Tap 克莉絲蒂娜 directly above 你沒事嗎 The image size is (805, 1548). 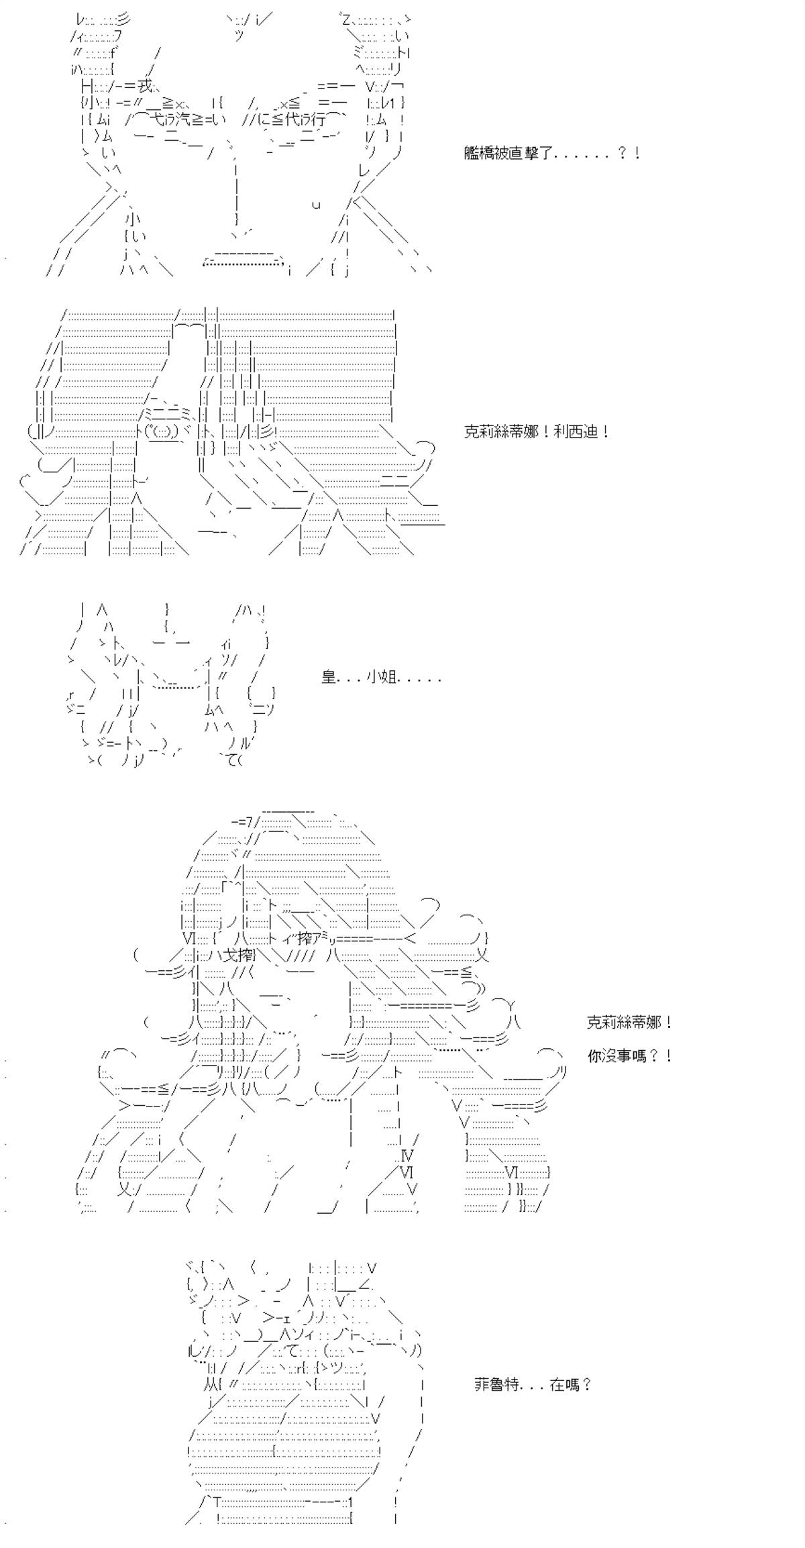[623, 1022]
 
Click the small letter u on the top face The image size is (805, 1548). [315, 205]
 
